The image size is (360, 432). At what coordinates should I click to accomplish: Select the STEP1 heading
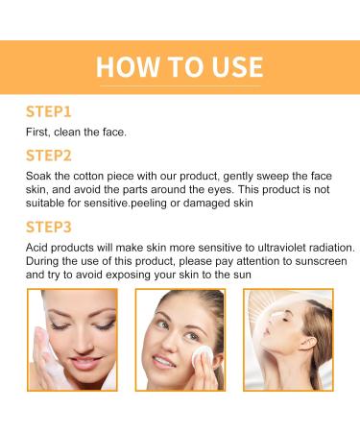pyautogui.click(x=49, y=111)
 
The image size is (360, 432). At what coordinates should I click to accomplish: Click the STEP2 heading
pyautogui.click(x=50, y=156)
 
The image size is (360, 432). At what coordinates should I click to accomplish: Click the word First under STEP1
pyautogui.click(x=39, y=132)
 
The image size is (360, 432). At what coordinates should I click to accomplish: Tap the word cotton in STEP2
pyautogui.click(x=102, y=176)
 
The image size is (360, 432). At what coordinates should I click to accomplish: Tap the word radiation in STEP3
pyautogui.click(x=310, y=249)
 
